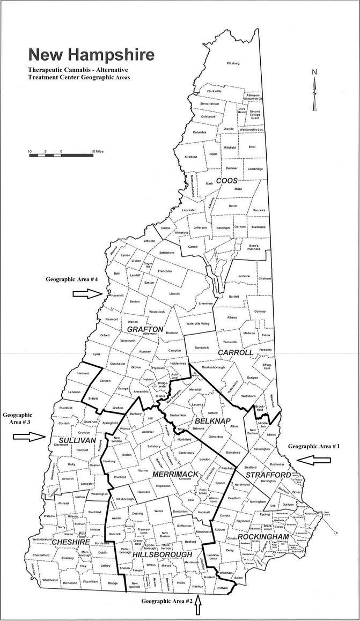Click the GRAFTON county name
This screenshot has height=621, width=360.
pyautogui.click(x=145, y=329)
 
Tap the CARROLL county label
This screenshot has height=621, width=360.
pyautogui.click(x=235, y=352)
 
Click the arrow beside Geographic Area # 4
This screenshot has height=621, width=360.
pyautogui.click(x=87, y=293)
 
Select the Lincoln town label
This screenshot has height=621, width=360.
pyautogui.click(x=174, y=293)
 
